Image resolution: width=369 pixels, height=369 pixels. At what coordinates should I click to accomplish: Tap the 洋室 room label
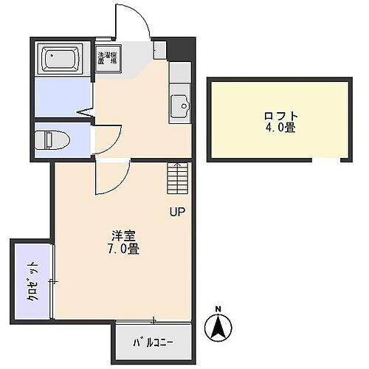click(x=123, y=236)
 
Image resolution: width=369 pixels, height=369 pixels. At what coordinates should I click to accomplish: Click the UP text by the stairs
click(x=178, y=213)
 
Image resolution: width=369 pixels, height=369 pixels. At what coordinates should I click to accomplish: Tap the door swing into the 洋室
click(x=112, y=176)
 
